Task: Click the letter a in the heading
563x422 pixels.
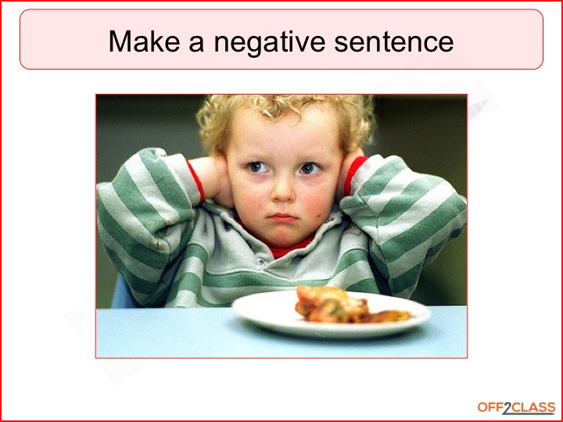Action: click(x=194, y=42)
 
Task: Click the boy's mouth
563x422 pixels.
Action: click(x=283, y=216)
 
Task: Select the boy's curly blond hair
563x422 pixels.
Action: click(x=281, y=109)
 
